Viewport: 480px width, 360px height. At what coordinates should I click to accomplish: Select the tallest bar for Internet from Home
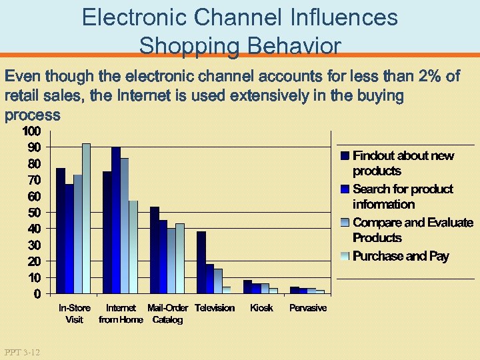(x=116, y=220)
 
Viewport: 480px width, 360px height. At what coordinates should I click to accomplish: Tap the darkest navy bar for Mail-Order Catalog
(x=155, y=250)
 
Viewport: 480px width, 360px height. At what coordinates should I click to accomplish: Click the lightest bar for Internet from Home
(x=133, y=247)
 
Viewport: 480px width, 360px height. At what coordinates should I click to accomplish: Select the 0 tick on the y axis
(x=37, y=294)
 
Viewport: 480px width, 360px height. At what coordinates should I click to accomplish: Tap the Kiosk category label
(x=261, y=308)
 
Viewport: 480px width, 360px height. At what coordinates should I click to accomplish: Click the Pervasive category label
(x=308, y=308)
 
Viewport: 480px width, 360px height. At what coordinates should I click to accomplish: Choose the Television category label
(x=215, y=308)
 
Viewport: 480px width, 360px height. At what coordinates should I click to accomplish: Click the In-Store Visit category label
(x=75, y=313)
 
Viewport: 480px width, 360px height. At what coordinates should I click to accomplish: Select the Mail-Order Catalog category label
(x=167, y=313)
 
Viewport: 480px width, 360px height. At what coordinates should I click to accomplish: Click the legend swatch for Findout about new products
(x=345, y=156)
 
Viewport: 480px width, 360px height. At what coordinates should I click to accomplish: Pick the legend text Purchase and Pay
(x=401, y=256)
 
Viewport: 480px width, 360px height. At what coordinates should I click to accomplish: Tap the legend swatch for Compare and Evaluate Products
(x=345, y=223)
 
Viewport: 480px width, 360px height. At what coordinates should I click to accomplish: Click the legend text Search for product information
(x=402, y=197)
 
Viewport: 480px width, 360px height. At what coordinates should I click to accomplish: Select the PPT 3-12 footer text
(x=21, y=351)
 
